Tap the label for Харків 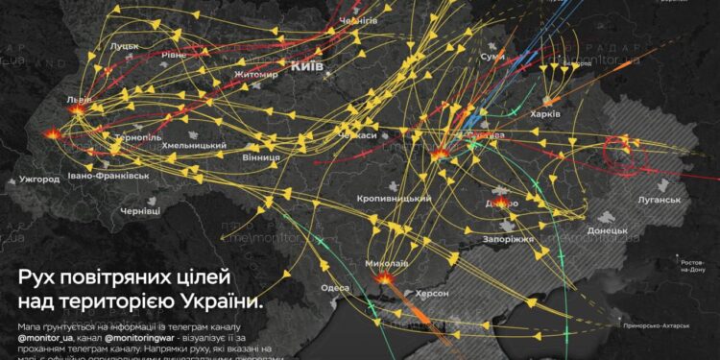(573, 113)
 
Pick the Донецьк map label (607, 231)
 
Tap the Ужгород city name (38, 179)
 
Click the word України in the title (220, 302)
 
